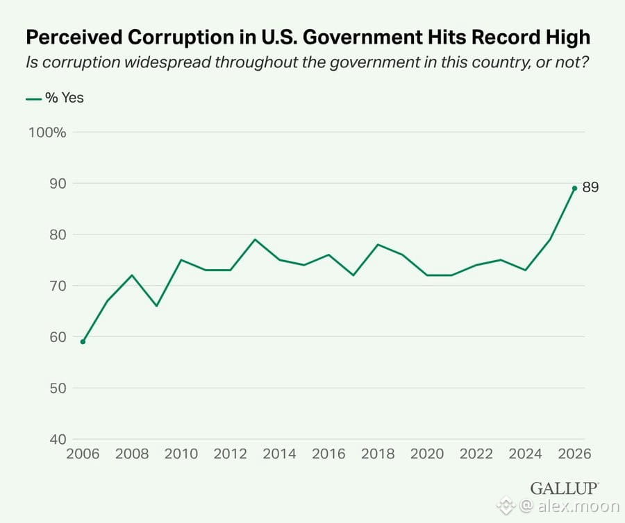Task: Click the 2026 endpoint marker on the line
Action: [574, 188]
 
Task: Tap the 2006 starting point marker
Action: [83, 342]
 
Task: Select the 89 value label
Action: [590, 187]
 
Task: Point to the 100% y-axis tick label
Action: [47, 132]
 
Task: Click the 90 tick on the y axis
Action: [58, 184]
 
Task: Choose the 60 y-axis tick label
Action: [58, 336]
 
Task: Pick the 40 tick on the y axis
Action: [58, 439]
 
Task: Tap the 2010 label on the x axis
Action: [181, 454]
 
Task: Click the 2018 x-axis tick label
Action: [378, 454]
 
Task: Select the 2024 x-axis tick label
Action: [526, 454]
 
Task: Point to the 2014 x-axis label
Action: [279, 454]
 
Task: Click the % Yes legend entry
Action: [55, 98]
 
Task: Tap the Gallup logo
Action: [565, 488]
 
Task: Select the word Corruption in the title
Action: [181, 38]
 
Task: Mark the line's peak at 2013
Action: [255, 239]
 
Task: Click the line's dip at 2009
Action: [157, 306]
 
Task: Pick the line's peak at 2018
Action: [378, 244]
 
